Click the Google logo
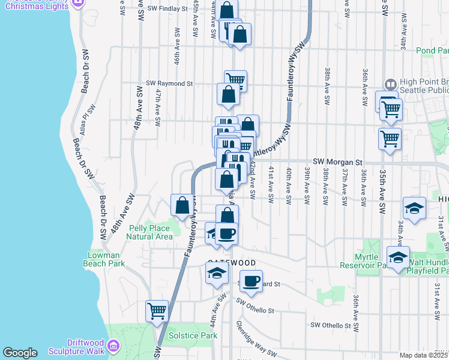click(20, 353)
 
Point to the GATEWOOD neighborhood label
click(232, 263)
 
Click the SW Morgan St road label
click(339, 162)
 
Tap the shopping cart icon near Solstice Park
click(157, 311)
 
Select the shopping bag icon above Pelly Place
click(182, 205)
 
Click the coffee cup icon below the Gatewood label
click(252, 280)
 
